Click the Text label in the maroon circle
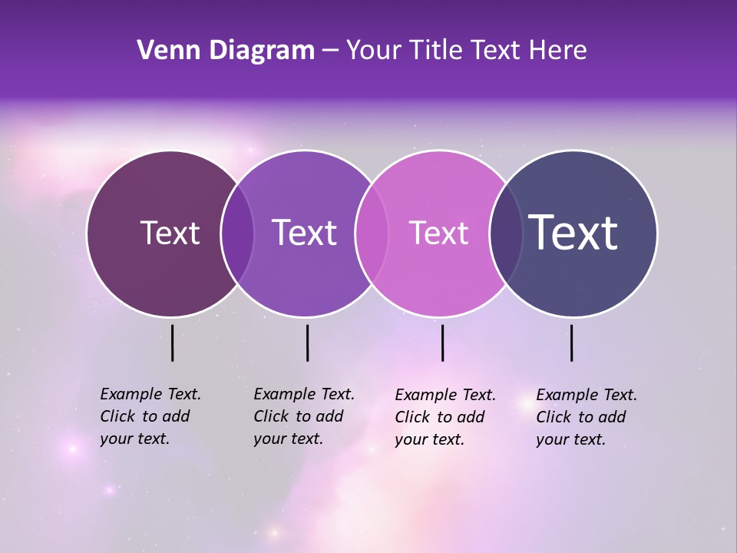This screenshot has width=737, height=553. tap(170, 233)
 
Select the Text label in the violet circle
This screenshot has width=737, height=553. tap(304, 233)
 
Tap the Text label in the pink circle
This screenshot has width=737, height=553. tap(438, 233)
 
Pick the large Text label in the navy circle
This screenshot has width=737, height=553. tap(573, 233)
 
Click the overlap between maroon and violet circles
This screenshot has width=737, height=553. tap(237, 233)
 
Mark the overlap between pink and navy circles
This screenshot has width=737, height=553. tap(506, 233)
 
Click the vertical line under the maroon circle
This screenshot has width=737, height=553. tap(172, 343)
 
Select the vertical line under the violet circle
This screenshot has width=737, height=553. tap(307, 343)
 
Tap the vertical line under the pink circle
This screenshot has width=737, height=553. tap(442, 343)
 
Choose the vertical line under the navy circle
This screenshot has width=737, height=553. tap(571, 343)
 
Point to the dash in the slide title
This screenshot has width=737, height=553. tap(330, 51)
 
